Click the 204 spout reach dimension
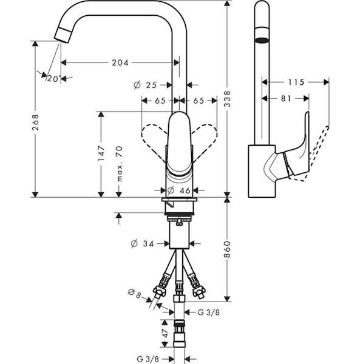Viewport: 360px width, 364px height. (x=120, y=62)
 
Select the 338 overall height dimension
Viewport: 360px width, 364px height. (x=228, y=99)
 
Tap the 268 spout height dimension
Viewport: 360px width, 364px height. (x=35, y=122)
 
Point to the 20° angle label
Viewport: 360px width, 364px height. (x=54, y=79)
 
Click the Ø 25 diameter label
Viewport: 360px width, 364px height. (x=145, y=85)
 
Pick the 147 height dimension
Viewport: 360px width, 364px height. (x=101, y=153)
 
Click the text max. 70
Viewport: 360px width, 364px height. (x=119, y=163)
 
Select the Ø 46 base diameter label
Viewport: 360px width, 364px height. (x=178, y=190)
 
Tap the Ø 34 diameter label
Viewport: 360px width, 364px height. (x=142, y=244)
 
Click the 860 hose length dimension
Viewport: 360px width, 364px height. (x=228, y=249)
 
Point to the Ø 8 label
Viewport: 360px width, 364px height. (x=135, y=294)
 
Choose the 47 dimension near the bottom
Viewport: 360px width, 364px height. (x=165, y=333)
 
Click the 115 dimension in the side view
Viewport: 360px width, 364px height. (x=296, y=82)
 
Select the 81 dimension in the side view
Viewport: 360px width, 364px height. (x=286, y=99)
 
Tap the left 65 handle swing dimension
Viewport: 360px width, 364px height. (x=160, y=101)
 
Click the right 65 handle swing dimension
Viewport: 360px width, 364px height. (x=199, y=101)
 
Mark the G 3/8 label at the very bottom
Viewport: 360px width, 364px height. (x=148, y=359)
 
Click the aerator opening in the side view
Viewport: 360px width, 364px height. (x=262, y=40)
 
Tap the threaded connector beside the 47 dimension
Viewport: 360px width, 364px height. (x=179, y=334)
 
